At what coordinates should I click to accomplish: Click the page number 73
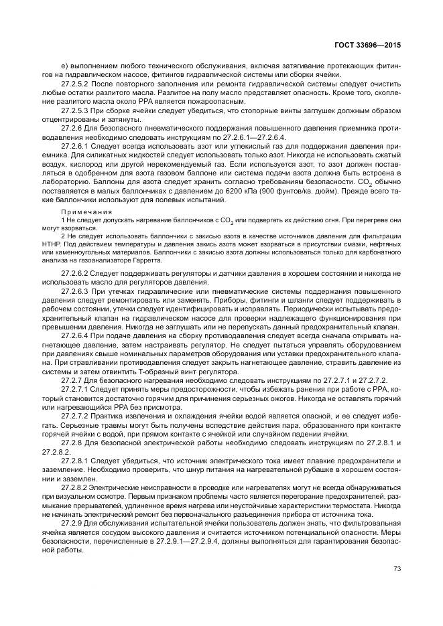click(396, 568)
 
